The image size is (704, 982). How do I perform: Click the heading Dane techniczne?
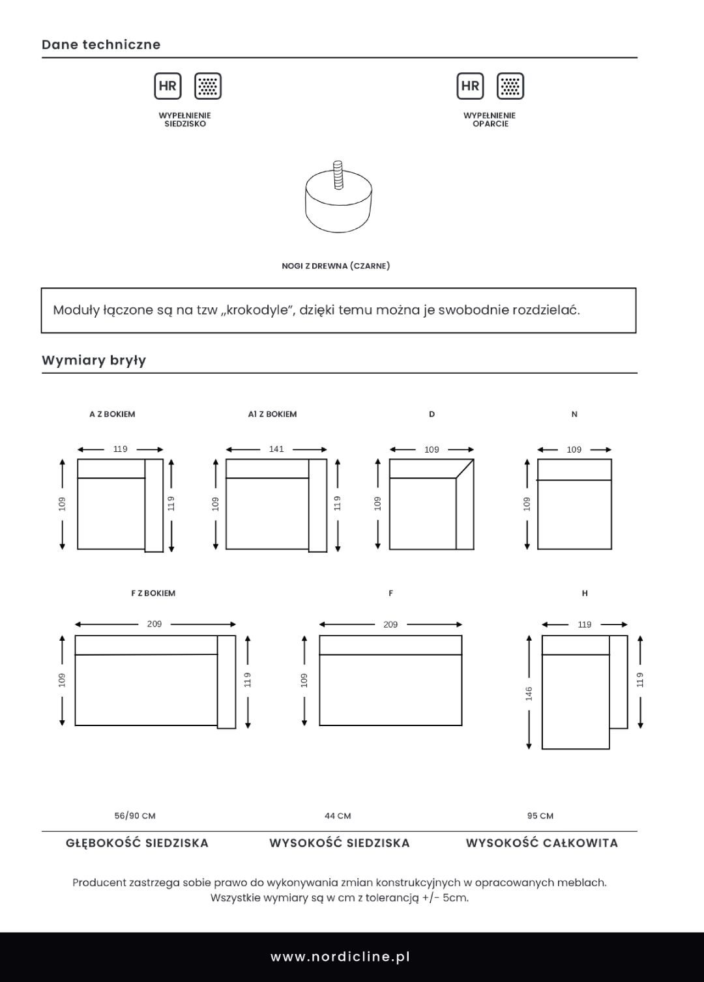(101, 45)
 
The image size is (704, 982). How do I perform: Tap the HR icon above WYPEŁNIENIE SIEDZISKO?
(168, 86)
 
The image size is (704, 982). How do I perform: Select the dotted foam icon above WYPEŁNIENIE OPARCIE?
(510, 86)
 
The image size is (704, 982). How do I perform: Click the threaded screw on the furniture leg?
(338, 174)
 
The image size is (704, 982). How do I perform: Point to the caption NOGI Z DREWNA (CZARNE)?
(336, 266)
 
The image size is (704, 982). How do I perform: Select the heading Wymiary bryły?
(94, 361)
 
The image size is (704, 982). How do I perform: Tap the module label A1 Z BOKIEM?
(272, 414)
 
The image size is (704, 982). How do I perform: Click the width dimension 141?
(276, 449)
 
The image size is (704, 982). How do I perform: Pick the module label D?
(432, 414)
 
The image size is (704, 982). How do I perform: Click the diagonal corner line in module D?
(464, 469)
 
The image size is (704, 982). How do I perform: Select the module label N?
(574, 414)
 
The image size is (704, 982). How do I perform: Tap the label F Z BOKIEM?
(153, 593)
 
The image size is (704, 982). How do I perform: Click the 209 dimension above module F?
(390, 624)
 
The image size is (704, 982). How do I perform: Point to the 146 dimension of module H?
(529, 694)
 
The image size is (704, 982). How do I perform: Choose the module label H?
(585, 593)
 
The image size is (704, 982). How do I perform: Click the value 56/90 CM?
(135, 816)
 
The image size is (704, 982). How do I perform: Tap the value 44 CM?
(338, 816)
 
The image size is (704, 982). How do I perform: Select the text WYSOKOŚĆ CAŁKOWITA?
(542, 843)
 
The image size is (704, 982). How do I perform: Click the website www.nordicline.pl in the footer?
(340, 957)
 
